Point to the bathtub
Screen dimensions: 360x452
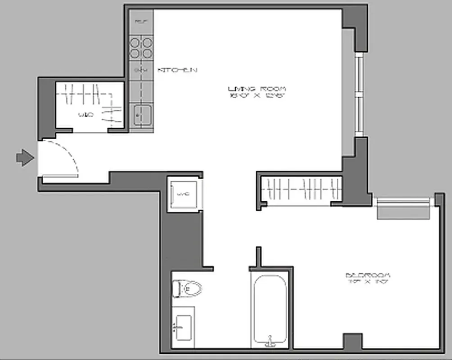pos(269,310)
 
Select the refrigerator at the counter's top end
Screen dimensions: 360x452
pos(141,21)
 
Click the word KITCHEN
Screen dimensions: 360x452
pos(177,70)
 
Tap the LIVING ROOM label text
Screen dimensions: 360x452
pos(257,88)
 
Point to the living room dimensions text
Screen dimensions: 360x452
pos(257,96)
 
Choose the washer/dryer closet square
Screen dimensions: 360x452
pos(183,194)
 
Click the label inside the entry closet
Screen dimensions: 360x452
pos(86,115)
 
